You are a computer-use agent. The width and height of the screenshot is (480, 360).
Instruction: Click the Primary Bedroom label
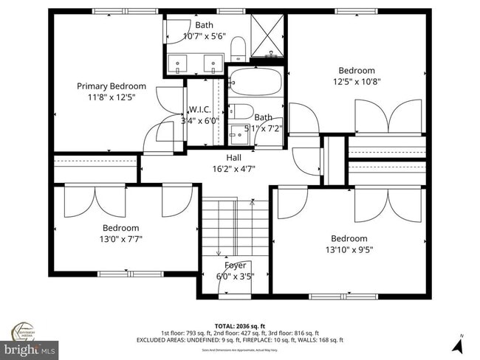(x=111, y=86)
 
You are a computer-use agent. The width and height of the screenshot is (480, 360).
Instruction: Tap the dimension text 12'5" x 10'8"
(x=357, y=82)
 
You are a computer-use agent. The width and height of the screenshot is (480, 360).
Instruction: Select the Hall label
(x=233, y=157)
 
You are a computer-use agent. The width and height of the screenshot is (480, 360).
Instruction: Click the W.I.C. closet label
(x=199, y=109)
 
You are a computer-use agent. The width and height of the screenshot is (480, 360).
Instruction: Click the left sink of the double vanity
(x=180, y=65)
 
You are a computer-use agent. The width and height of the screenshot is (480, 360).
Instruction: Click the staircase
(x=236, y=229)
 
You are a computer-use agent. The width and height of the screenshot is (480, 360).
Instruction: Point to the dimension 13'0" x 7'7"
(x=121, y=239)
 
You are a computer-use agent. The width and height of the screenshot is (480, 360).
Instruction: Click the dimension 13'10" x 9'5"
(x=349, y=249)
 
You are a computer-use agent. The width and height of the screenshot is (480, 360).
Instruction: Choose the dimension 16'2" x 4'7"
(x=233, y=168)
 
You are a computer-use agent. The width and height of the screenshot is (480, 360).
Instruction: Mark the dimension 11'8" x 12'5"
(x=111, y=97)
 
